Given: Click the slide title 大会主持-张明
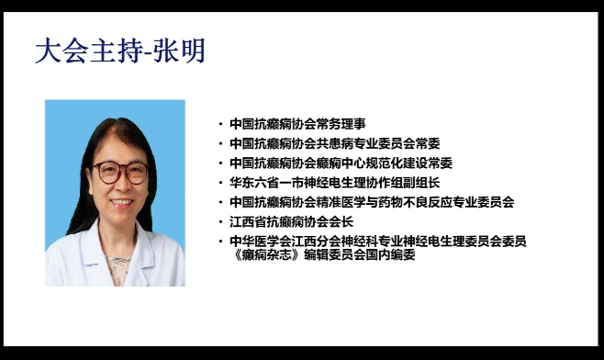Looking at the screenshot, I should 119,51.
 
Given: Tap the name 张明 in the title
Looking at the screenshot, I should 180,51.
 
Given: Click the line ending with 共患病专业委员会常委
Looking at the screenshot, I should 334,142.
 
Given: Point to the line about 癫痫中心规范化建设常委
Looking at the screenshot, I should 341,163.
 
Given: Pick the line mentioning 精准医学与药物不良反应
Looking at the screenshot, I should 372,201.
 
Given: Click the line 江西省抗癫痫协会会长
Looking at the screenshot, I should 291,221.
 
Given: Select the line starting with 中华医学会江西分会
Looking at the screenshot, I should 377,241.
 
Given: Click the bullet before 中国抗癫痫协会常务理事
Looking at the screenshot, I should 220,123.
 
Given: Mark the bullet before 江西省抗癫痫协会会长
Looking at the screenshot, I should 220,222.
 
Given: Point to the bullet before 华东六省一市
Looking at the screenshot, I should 220,183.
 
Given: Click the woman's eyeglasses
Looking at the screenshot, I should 121,171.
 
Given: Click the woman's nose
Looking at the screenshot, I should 121,185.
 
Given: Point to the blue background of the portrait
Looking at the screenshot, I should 64,129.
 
